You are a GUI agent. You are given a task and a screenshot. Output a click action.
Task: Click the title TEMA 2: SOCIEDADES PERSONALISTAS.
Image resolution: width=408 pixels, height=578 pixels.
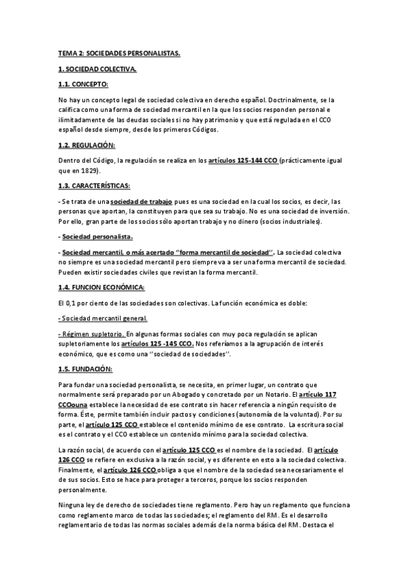pos(119,52)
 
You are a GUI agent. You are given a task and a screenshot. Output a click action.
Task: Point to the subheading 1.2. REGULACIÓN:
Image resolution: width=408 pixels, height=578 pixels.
pos(87,145)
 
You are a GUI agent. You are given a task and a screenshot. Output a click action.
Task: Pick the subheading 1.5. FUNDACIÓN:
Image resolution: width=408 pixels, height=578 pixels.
pos(85,369)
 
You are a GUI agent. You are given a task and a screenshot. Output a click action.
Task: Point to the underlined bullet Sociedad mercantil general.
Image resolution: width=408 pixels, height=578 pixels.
pos(104,318)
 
